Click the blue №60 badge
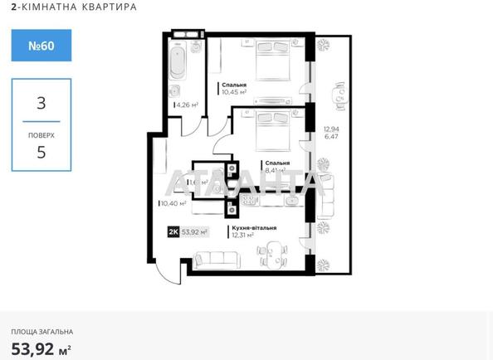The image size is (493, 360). [41, 46]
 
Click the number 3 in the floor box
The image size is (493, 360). [41, 104]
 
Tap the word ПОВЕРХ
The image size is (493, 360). [41, 133]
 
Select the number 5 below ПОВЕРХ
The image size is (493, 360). [41, 152]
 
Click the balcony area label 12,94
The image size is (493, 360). [331, 129]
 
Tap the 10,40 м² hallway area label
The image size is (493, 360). [173, 202]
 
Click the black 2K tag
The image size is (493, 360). [174, 231]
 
